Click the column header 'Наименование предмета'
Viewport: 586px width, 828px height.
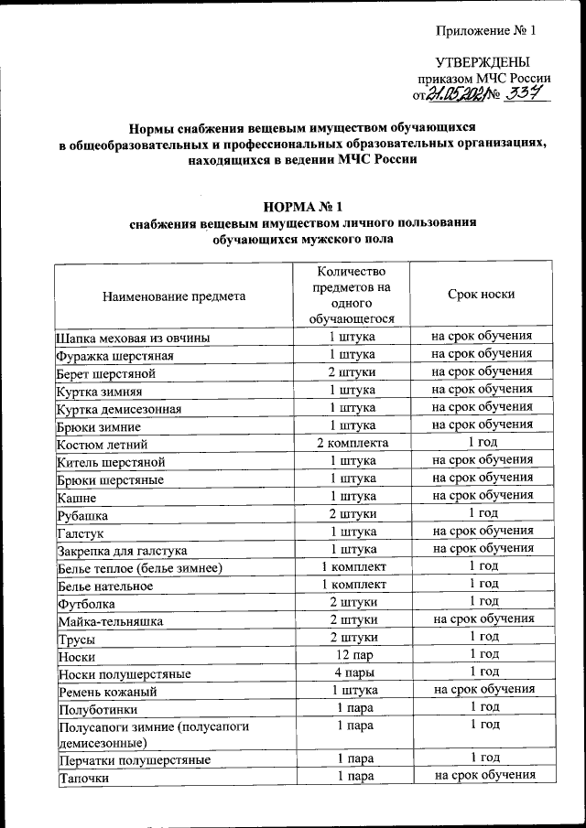point(173,296)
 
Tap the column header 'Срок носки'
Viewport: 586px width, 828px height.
point(481,295)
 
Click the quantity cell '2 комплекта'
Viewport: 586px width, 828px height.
point(353,442)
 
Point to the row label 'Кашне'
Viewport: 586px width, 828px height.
point(76,497)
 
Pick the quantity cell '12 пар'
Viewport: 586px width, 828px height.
point(353,655)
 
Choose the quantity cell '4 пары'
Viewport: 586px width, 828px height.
point(353,672)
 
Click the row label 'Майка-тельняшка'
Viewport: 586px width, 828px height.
point(110,621)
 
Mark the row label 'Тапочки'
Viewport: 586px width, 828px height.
point(83,779)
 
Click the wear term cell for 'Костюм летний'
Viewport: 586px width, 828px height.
point(483,442)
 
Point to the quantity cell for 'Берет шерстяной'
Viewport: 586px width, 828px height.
point(353,372)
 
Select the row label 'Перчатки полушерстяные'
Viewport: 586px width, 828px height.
point(134,759)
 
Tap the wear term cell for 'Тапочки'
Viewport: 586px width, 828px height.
point(483,776)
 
